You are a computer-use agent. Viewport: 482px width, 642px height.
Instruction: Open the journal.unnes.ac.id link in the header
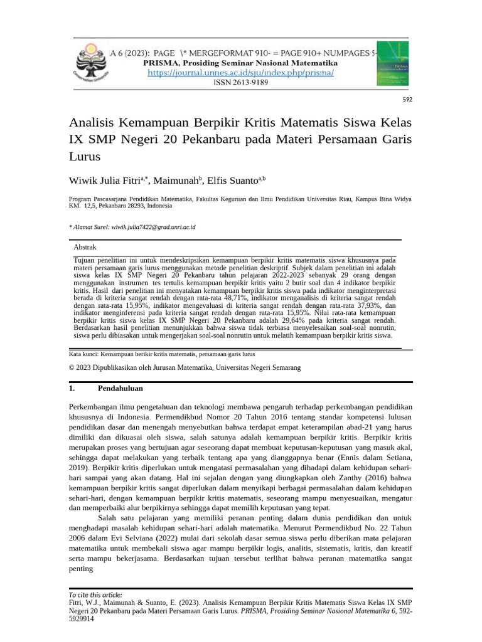click(241, 73)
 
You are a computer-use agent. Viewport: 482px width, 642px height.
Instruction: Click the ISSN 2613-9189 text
click(241, 82)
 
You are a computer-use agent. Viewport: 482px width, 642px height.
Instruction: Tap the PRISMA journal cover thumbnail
click(392, 63)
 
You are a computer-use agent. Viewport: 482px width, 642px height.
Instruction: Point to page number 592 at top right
click(407, 99)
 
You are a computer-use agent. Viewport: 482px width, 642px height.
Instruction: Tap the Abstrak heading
click(85, 248)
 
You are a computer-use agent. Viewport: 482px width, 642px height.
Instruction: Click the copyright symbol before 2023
click(71, 367)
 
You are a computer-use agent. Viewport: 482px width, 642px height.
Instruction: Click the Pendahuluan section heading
click(120, 389)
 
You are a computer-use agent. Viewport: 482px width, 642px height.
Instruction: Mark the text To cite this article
click(95, 594)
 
